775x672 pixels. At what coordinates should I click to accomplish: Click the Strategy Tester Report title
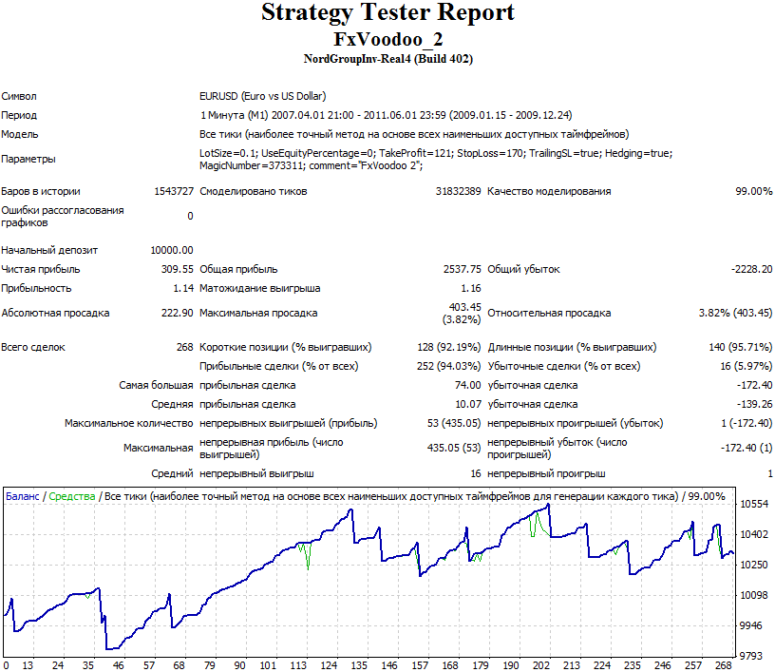[x=387, y=13]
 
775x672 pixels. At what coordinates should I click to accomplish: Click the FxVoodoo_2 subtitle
[x=388, y=40]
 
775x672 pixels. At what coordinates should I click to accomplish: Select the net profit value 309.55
[x=177, y=269]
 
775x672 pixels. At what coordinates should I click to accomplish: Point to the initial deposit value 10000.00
[x=172, y=250]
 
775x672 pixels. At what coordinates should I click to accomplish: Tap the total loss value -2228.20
[x=751, y=269]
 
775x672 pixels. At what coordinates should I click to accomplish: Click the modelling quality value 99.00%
[x=754, y=191]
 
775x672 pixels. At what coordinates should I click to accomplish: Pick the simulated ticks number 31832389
[x=458, y=191]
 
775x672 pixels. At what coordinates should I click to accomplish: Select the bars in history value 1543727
[x=174, y=191]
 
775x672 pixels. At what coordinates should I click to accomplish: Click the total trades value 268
[x=185, y=347]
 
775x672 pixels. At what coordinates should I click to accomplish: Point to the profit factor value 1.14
[x=183, y=288]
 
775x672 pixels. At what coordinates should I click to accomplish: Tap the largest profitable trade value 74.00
[x=467, y=385]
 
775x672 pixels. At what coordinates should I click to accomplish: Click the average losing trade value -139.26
[x=754, y=404]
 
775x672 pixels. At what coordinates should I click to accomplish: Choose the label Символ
[x=19, y=96]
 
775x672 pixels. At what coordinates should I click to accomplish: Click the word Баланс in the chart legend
[x=22, y=496]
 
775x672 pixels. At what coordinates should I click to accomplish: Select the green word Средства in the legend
[x=71, y=496]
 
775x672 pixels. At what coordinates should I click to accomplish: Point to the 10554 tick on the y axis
[x=754, y=504]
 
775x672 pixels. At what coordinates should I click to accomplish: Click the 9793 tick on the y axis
[x=752, y=656]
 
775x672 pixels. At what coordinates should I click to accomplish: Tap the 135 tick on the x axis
[x=359, y=665]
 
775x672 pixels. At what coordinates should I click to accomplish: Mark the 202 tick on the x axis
[x=541, y=665]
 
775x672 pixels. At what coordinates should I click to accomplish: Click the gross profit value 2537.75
[x=463, y=269]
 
